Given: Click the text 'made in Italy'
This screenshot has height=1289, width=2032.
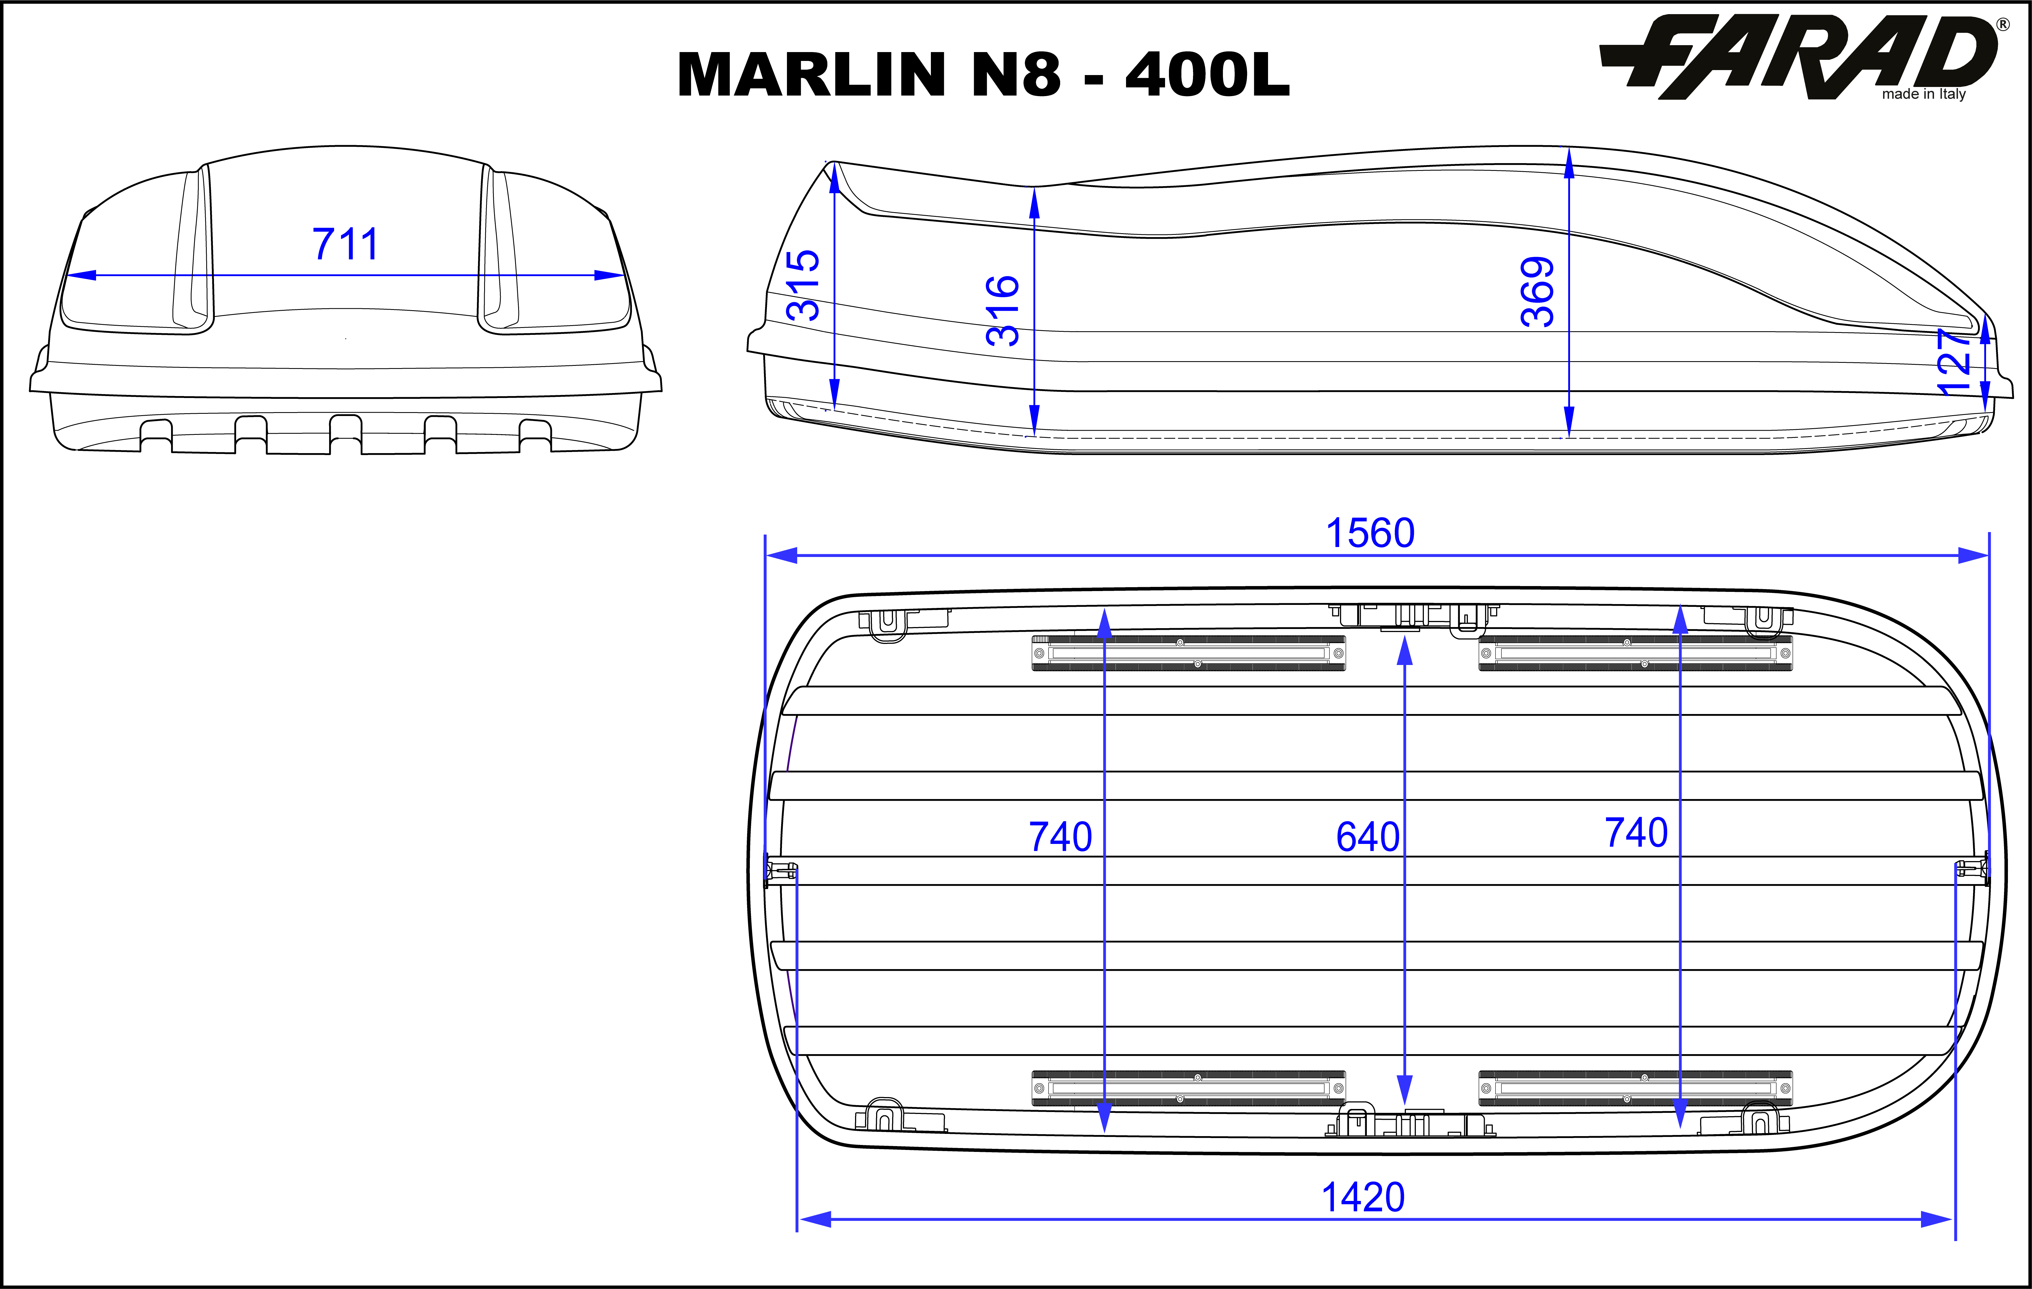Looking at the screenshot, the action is coord(1923,94).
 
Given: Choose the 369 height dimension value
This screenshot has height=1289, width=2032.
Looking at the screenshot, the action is coord(1538,292).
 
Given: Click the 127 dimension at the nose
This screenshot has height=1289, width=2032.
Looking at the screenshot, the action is coord(1954,362).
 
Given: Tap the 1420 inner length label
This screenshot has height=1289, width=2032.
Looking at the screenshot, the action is coord(1363,1198).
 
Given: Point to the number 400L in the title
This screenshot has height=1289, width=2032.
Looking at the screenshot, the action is coord(1208,74).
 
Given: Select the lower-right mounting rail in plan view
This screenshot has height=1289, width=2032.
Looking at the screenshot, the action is coord(1635,1088).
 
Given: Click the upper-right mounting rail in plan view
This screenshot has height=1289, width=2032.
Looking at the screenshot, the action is coord(1635,653).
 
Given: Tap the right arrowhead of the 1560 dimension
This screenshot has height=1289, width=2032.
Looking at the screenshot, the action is coord(1973,555).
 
